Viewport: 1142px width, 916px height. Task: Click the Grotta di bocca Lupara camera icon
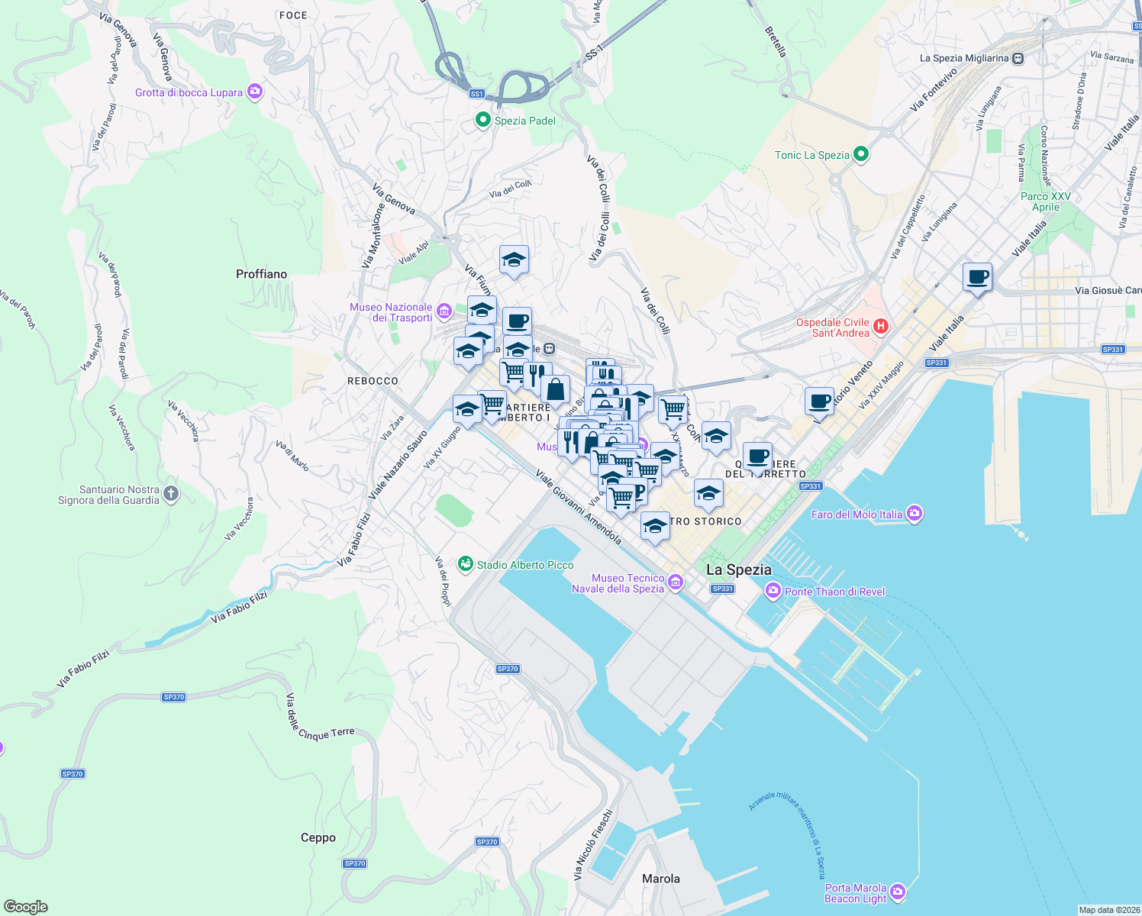coord(255,92)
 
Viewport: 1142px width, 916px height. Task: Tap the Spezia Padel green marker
coord(482,120)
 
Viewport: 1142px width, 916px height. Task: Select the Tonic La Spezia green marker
coord(861,155)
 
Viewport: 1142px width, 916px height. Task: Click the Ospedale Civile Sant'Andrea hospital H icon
coord(881,327)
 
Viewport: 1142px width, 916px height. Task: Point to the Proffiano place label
coord(261,274)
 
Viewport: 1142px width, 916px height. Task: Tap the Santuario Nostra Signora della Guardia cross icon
coord(171,494)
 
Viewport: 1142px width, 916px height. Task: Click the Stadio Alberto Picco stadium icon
coord(465,564)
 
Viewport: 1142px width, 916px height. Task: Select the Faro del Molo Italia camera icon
coord(915,514)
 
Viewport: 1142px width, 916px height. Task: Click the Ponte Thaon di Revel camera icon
coord(773,591)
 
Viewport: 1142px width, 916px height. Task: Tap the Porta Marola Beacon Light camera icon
coord(898,892)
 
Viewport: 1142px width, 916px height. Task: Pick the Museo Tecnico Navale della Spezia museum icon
coord(676,583)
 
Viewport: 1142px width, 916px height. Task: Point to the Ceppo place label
coord(318,837)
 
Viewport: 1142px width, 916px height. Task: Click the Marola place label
coord(660,879)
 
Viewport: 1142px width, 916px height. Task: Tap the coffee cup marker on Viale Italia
coord(977,276)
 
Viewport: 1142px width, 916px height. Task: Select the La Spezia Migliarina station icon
coord(1018,58)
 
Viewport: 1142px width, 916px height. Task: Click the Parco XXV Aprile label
coord(1045,202)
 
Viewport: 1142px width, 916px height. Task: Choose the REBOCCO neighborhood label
coord(373,381)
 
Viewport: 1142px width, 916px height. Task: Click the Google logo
coord(26,907)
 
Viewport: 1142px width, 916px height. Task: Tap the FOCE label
coord(293,15)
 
